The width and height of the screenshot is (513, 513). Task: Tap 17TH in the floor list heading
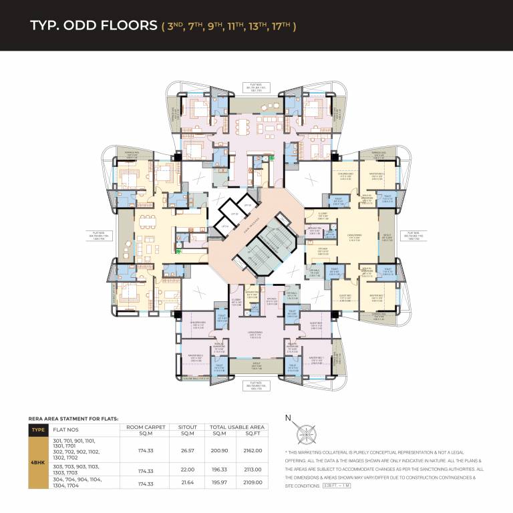pyautogui.click(x=281, y=26)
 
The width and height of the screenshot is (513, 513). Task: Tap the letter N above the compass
pyautogui.click(x=288, y=419)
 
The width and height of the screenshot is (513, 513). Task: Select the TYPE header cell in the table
pyautogui.click(x=38, y=430)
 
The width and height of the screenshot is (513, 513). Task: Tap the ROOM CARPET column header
pyautogui.click(x=145, y=426)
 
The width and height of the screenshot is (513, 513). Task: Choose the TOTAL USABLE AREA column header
pyautogui.click(x=237, y=426)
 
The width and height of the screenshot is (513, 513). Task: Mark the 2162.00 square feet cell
pyautogui.click(x=253, y=451)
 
